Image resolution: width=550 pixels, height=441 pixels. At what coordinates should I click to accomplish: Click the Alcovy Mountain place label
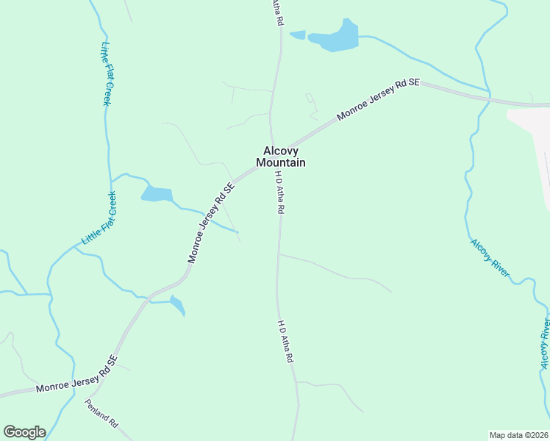pyautogui.click(x=280, y=156)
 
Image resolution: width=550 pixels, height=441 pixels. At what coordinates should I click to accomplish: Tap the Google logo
pyautogui.click(x=24, y=432)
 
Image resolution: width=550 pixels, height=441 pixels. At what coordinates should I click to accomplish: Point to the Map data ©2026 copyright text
pyautogui.click(x=518, y=435)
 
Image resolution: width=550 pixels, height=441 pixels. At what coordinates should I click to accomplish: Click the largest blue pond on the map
pyautogui.click(x=335, y=38)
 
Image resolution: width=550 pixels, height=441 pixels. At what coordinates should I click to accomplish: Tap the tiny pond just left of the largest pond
pyautogui.click(x=298, y=35)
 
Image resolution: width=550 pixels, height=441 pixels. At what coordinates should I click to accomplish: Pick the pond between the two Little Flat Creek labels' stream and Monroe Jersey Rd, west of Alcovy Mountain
pyautogui.click(x=157, y=194)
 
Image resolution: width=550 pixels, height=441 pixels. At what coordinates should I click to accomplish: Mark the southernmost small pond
pyautogui.click(x=177, y=304)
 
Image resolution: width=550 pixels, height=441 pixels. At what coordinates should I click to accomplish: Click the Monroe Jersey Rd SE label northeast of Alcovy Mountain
pyautogui.click(x=378, y=101)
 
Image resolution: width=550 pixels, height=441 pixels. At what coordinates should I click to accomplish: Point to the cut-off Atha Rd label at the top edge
pyautogui.click(x=276, y=12)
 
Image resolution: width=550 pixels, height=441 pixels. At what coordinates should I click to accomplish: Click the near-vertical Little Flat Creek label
pyautogui.click(x=105, y=73)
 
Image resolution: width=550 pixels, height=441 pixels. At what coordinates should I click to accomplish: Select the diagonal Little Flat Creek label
pyautogui.click(x=99, y=218)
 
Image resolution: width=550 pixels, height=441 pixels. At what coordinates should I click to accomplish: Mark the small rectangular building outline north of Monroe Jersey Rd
pyautogui.click(x=310, y=98)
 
